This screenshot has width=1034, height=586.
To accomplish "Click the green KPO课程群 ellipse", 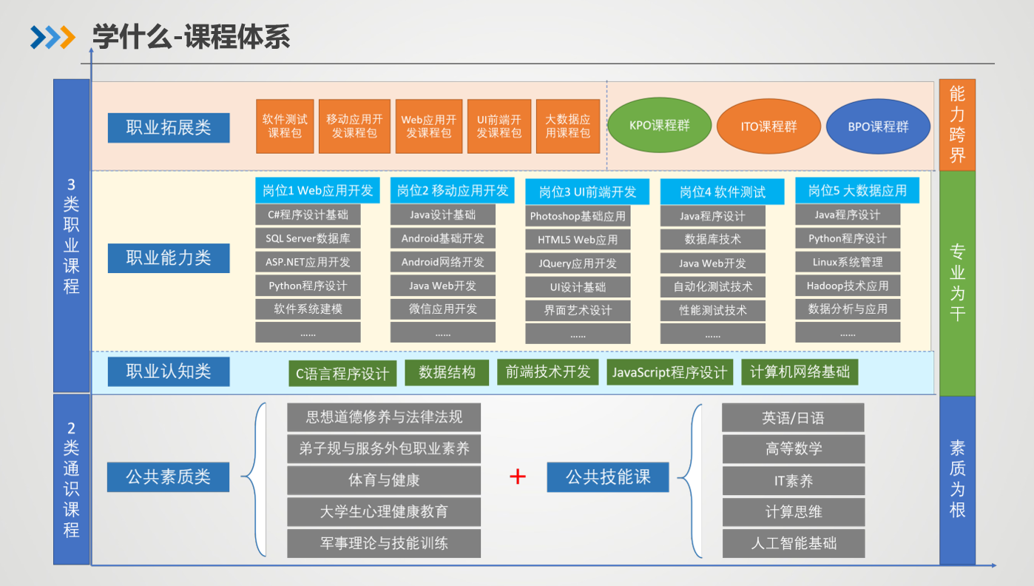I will click(x=660, y=125).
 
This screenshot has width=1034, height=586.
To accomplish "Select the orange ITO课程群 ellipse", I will click(x=769, y=127).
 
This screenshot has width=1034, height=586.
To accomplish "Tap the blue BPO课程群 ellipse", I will click(x=878, y=127).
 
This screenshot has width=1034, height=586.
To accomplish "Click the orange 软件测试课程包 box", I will click(x=285, y=127).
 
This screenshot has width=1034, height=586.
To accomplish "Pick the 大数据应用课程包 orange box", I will click(x=567, y=127).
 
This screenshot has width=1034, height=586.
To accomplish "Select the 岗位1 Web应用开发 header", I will click(x=318, y=190).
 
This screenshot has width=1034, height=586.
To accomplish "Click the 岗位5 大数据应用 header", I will click(x=857, y=190).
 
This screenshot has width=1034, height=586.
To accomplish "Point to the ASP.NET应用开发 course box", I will click(x=308, y=262).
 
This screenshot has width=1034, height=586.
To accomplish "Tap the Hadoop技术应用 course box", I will click(x=848, y=286).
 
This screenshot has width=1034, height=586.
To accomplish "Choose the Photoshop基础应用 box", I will click(x=578, y=216).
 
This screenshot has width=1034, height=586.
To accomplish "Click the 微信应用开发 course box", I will click(x=443, y=309).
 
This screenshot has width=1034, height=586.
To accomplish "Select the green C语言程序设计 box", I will click(x=342, y=374).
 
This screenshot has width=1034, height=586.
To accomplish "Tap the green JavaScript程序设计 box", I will click(x=669, y=372).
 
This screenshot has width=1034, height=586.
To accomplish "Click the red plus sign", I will click(x=518, y=477).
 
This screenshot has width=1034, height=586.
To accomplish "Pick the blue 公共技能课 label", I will click(x=608, y=477).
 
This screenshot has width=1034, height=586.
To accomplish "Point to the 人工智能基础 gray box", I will click(x=793, y=543).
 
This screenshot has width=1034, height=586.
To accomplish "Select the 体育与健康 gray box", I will click(x=384, y=480).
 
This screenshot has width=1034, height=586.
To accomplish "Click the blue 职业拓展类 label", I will click(x=169, y=127).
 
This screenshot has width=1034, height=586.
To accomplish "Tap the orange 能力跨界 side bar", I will click(x=957, y=124).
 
